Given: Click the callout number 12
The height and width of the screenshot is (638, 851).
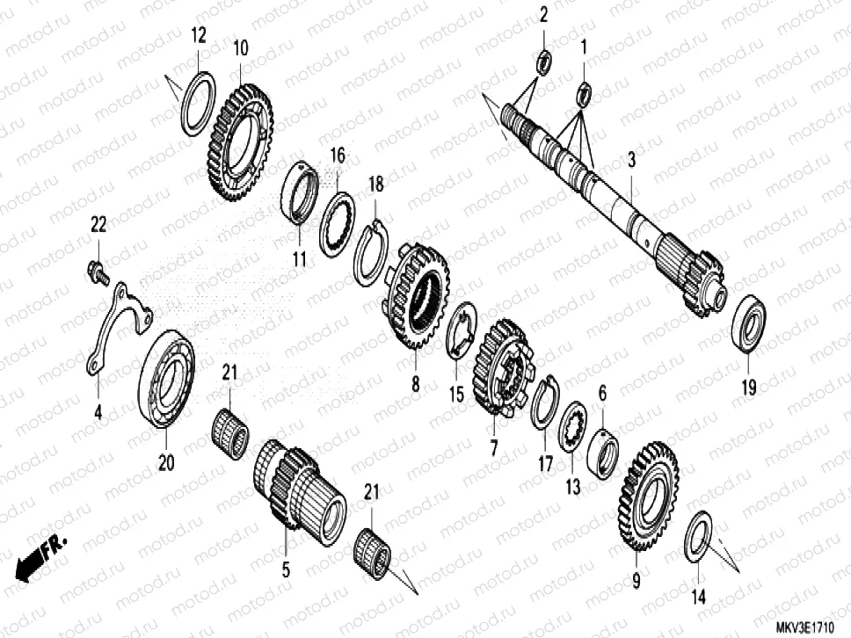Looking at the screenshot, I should tap(199, 36).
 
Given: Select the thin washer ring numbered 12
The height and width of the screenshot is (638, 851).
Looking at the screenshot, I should tap(199, 105).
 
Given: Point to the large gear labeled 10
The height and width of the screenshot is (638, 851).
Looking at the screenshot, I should tap(240, 141).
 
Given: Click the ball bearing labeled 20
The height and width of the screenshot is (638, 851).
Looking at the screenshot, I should tap(167, 378).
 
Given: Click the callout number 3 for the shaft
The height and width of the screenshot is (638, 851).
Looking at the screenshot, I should tap(631, 160).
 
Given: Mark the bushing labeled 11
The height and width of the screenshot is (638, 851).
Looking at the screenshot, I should tap(302, 192).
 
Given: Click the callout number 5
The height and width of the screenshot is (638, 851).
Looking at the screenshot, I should tap(285, 569).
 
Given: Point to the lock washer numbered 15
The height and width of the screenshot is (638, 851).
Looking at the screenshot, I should tap(462, 329).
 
